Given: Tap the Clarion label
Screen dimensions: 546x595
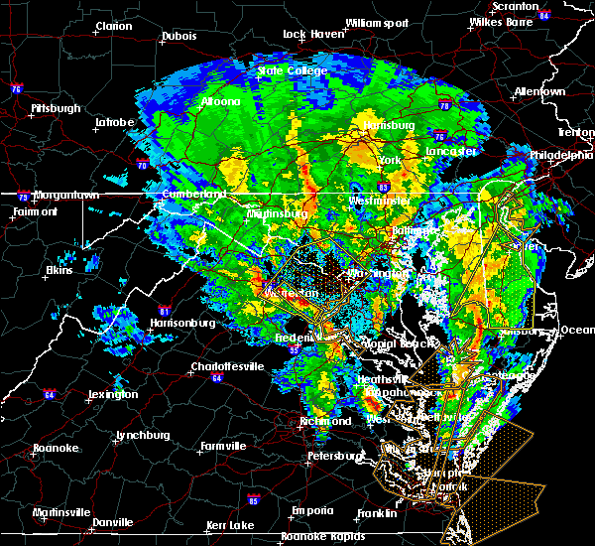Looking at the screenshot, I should [114, 27].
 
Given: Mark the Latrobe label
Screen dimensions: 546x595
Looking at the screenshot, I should [114, 122].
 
